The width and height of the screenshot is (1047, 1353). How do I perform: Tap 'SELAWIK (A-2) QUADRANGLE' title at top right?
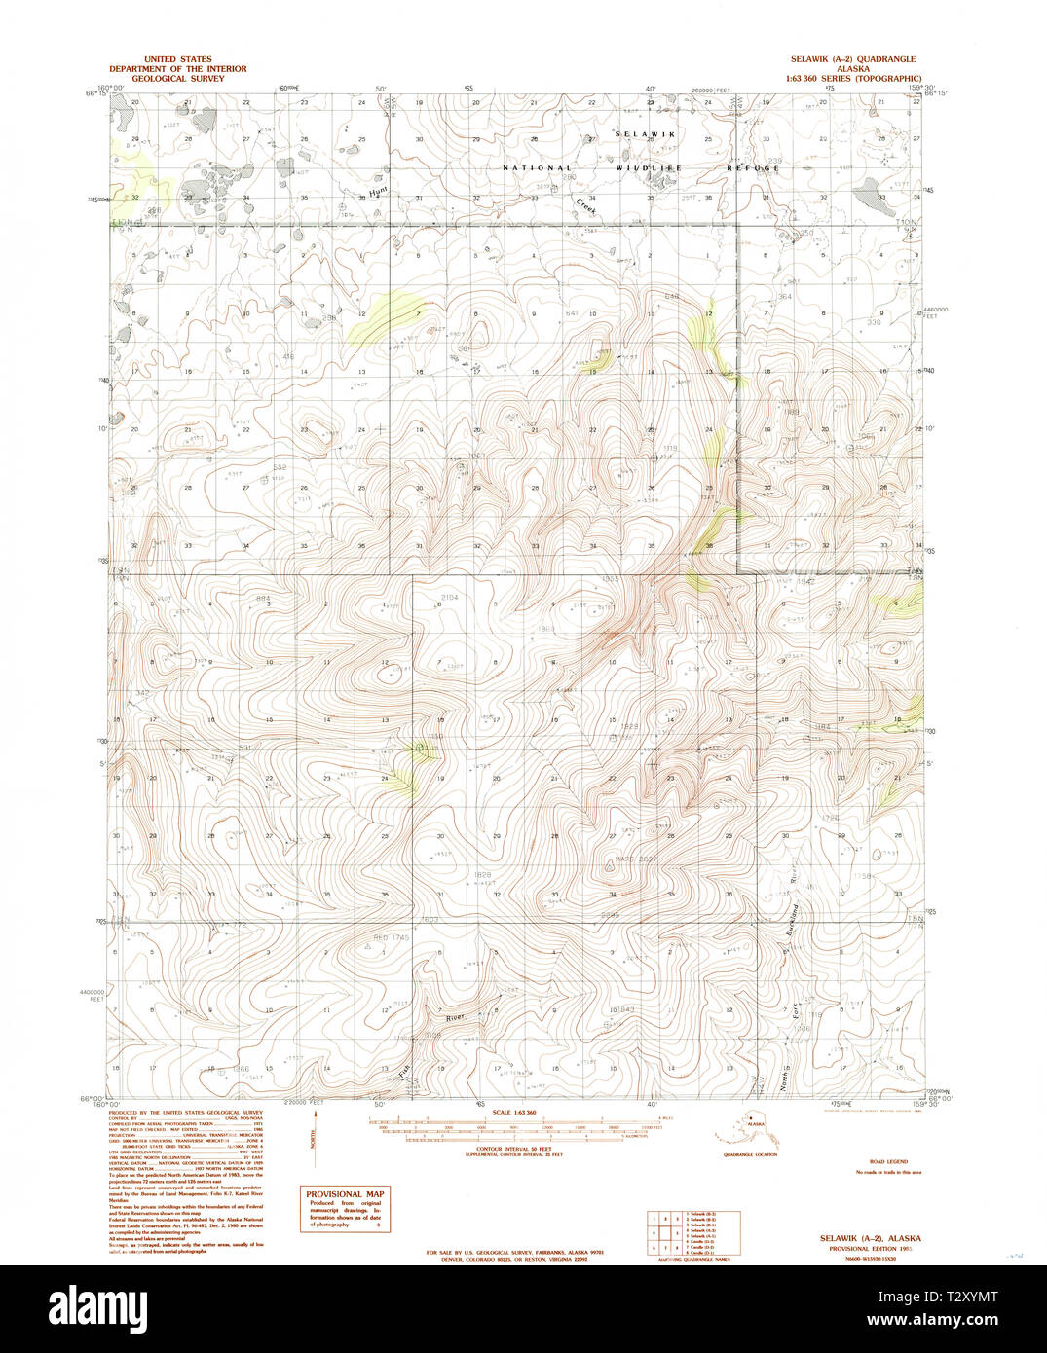point(852,59)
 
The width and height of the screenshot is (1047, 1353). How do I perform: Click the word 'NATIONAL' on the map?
point(535,168)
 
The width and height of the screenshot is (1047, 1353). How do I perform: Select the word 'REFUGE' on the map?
point(753,168)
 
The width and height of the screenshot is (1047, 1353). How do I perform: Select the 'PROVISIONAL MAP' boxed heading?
point(345,1194)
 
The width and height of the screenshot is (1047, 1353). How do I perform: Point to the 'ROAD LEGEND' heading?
point(887,1162)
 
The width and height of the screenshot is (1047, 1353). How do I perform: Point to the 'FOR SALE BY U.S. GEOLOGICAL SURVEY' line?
point(515,1252)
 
